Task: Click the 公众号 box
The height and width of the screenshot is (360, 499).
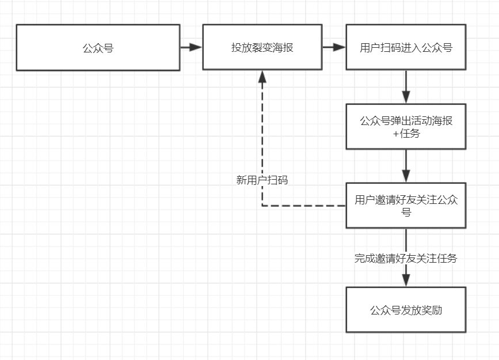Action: click(x=98, y=47)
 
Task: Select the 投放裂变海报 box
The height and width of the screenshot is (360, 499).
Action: click(x=262, y=47)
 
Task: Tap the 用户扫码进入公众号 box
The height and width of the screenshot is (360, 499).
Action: click(x=406, y=47)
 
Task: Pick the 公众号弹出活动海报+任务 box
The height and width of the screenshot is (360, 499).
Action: click(x=406, y=127)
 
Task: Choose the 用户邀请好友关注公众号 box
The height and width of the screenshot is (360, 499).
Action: click(x=406, y=206)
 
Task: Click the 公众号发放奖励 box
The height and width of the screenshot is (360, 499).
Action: click(x=406, y=310)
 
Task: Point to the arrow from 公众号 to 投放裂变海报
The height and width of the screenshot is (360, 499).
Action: click(x=191, y=47)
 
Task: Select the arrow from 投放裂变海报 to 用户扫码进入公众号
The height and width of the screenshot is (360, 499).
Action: click(x=334, y=47)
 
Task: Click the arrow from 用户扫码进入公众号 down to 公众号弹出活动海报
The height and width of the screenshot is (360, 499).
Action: click(x=406, y=87)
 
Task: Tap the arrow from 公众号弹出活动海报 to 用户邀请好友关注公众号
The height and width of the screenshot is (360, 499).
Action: click(x=406, y=166)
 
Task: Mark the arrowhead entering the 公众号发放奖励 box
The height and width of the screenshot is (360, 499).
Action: click(x=406, y=280)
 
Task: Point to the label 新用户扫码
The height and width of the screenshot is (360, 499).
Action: click(x=262, y=180)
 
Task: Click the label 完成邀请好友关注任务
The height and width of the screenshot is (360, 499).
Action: click(x=406, y=259)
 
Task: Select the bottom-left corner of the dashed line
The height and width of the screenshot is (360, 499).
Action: click(x=262, y=206)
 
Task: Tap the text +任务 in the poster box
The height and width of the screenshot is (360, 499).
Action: click(x=406, y=134)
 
